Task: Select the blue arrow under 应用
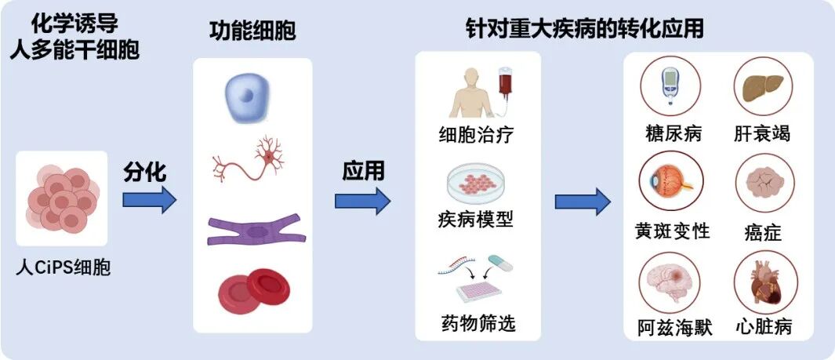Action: point(361,201)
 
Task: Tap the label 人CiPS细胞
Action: point(63,268)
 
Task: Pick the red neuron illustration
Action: point(252,161)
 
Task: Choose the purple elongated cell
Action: point(252,231)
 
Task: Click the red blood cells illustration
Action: point(253,289)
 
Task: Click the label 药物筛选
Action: point(478,322)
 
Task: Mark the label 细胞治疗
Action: point(477,133)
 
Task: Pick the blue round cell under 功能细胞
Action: point(252,98)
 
